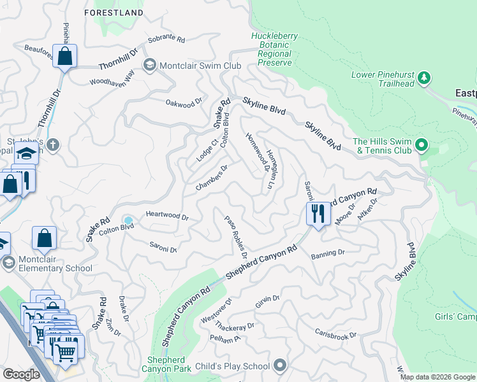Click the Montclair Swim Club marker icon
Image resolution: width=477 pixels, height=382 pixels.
pos(149,65)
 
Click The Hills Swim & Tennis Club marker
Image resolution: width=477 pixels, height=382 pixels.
pos(421,146)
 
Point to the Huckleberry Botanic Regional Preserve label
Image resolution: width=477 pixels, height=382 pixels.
pos(274,50)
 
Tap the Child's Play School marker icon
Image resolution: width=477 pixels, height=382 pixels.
pos(279,366)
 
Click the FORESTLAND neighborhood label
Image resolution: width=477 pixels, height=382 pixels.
pos(114,12)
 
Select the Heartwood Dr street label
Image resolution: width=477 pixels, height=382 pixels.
pos(167,216)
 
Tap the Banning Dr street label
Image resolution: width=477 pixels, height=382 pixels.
pos(328,253)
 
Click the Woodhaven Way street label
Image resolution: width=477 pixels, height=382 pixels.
pos(112,80)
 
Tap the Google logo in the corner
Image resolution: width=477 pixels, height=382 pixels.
pos(22,374)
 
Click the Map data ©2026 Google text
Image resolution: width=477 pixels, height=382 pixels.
pos(437,377)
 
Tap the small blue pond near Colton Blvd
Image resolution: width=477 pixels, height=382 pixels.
pos(129,221)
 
